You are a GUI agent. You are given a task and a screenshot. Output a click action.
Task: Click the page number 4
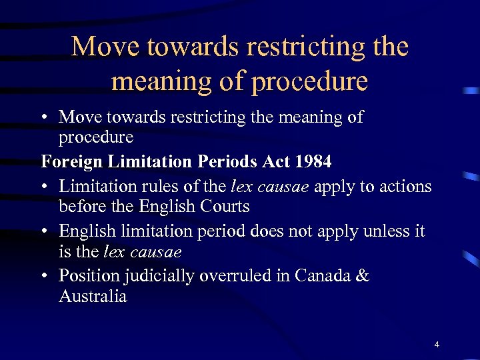pos(437,344)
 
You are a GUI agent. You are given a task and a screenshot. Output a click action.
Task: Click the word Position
pos(88,276)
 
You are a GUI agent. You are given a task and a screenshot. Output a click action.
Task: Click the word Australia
pos(93,297)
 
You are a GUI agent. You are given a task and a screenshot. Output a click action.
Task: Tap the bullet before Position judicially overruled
pos(45,276)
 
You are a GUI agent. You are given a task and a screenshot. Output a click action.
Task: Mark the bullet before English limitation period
pos(45,231)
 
